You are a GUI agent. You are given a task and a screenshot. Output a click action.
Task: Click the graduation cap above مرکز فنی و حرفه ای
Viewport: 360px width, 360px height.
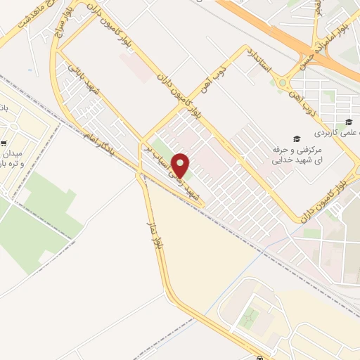coord(297,139)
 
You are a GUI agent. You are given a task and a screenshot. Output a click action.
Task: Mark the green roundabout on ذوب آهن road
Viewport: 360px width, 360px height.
coord(283,83)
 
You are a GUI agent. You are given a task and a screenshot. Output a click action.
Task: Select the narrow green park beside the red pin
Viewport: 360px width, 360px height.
coord(163,150)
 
